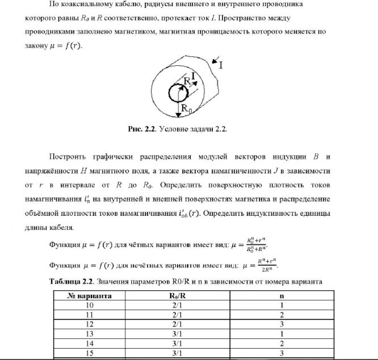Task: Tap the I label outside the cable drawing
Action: [221, 65]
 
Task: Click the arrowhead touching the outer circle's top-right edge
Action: [211, 59]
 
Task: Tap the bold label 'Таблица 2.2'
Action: [72, 282]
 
